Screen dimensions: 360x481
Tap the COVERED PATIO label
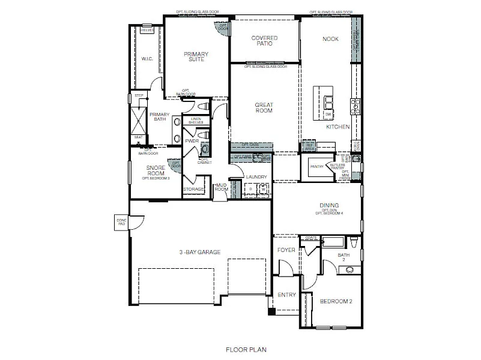coord(264,41)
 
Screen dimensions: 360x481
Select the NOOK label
coord(330,39)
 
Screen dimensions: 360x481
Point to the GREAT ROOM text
coord(264,108)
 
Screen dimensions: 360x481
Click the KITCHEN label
coord(337,127)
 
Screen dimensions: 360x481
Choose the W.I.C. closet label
coord(147,59)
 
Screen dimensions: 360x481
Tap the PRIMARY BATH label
coord(159,116)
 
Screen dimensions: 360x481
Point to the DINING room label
coord(329,205)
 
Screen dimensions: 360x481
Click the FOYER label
coord(286,250)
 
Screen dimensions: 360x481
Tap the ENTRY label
coord(286,295)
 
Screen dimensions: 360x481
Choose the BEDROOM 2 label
coord(336,301)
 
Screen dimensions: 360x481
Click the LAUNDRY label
coord(256,177)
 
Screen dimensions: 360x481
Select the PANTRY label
coord(316,167)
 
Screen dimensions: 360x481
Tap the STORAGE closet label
coord(193,189)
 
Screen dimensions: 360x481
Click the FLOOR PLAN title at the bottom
coord(246,349)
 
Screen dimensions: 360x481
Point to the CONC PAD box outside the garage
coord(121,221)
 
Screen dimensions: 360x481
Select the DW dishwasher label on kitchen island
coord(328,114)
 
